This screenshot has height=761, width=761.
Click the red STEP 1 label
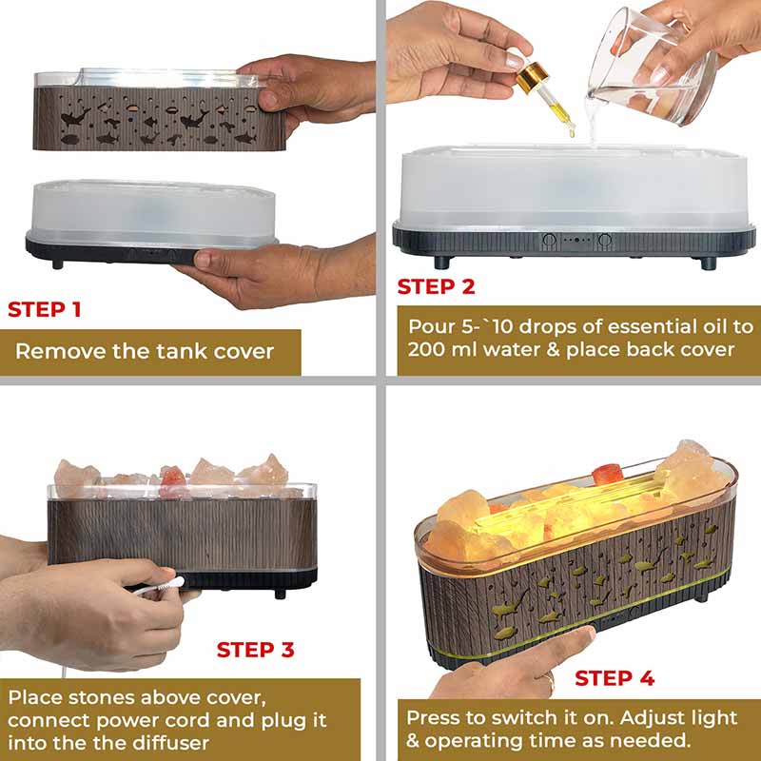(44, 310)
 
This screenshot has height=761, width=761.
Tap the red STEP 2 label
(436, 287)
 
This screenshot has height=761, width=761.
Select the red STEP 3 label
(255, 650)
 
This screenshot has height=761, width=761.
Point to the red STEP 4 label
(615, 678)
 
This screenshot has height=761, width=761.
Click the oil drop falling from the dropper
(573, 130)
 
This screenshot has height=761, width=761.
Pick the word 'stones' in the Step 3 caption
(104, 697)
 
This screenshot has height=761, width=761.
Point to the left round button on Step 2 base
(549, 240)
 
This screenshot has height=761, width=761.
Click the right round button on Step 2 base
(605, 240)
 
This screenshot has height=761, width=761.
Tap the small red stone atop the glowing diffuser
(607, 474)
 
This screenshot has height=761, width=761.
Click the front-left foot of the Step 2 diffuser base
(442, 263)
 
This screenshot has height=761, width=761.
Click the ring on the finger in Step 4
(551, 681)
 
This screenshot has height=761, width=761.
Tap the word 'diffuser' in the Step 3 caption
(171, 743)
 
